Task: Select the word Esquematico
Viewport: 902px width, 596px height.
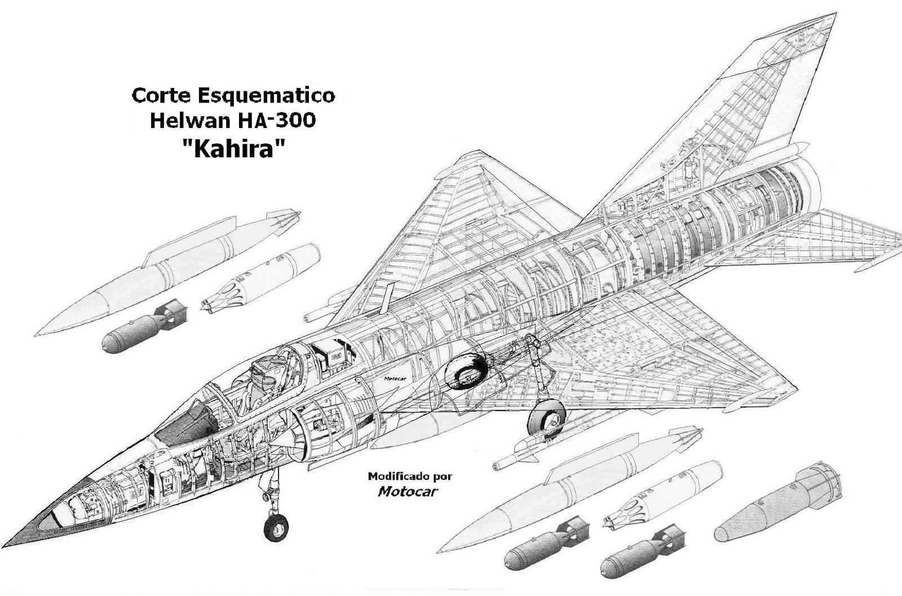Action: (266, 96)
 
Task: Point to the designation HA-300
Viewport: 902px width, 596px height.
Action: (277, 121)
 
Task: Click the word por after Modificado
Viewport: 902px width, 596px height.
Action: (443, 478)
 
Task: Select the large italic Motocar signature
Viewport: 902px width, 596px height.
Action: (408, 491)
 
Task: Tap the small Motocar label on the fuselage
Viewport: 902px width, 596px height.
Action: (395, 378)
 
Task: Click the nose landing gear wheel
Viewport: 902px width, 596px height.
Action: (276, 528)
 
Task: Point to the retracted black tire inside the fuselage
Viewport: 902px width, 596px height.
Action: (466, 372)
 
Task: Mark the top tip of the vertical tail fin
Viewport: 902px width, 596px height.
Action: (835, 14)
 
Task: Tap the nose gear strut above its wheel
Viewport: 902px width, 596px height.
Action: (273, 489)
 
